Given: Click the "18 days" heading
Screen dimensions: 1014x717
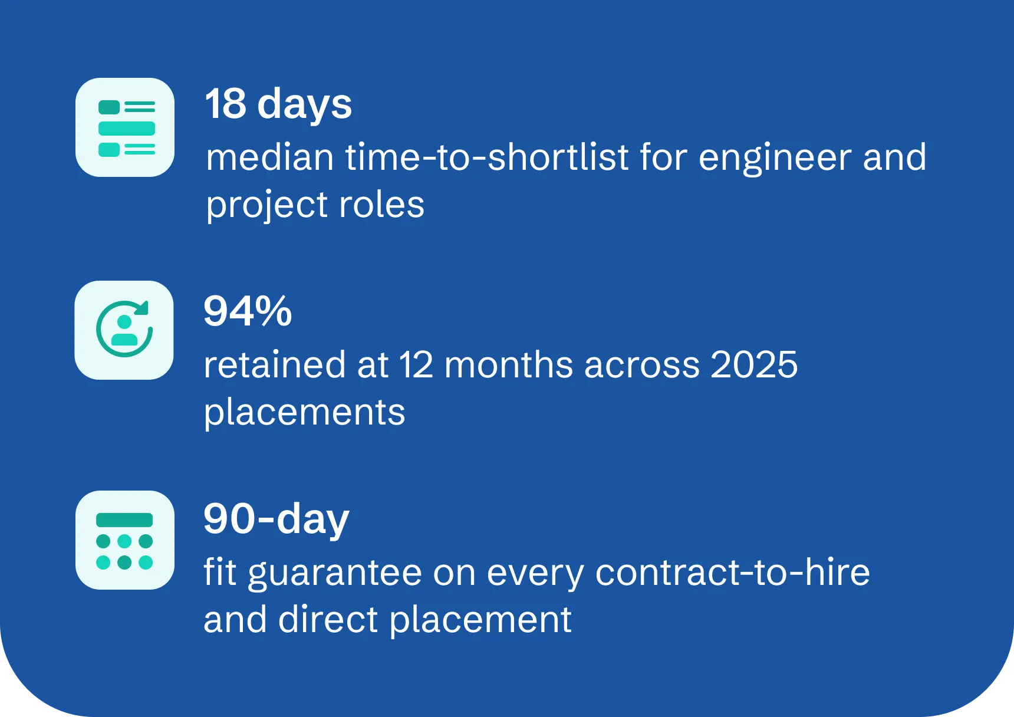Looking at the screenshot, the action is (x=278, y=104).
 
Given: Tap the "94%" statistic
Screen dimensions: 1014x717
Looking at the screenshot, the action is (x=248, y=311).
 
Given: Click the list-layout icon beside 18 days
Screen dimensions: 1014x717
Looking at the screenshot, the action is (x=125, y=127).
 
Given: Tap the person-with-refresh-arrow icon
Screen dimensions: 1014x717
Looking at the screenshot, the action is (x=124, y=330).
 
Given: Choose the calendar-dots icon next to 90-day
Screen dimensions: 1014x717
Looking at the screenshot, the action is (x=125, y=540).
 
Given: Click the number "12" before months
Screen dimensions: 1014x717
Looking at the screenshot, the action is (x=416, y=364).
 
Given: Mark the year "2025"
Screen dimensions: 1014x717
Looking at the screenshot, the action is (x=754, y=364).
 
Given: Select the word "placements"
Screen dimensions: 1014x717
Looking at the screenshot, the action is (x=304, y=413).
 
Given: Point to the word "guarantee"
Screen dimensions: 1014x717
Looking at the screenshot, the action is (x=335, y=573).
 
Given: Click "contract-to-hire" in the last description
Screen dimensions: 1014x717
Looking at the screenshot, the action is (x=732, y=572).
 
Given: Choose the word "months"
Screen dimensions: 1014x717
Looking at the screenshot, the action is (x=509, y=364).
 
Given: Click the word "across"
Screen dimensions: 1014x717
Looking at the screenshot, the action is (x=642, y=366).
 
